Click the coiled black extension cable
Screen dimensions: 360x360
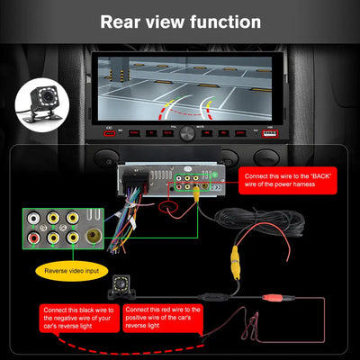270,225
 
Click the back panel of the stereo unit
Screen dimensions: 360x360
180,180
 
